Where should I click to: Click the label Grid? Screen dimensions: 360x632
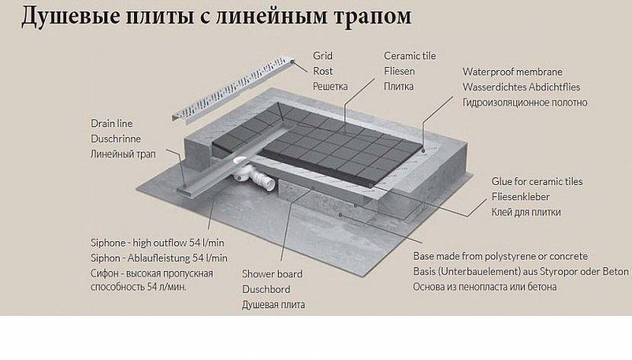323,56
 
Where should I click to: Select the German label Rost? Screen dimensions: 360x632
323,71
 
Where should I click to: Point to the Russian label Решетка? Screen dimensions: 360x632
330,86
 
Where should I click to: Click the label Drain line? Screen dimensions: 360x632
112,123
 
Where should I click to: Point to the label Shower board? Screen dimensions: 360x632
272,274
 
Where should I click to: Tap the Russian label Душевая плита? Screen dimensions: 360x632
273,304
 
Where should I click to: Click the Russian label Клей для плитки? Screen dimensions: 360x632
526,212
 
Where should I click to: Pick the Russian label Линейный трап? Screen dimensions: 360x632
123,155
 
